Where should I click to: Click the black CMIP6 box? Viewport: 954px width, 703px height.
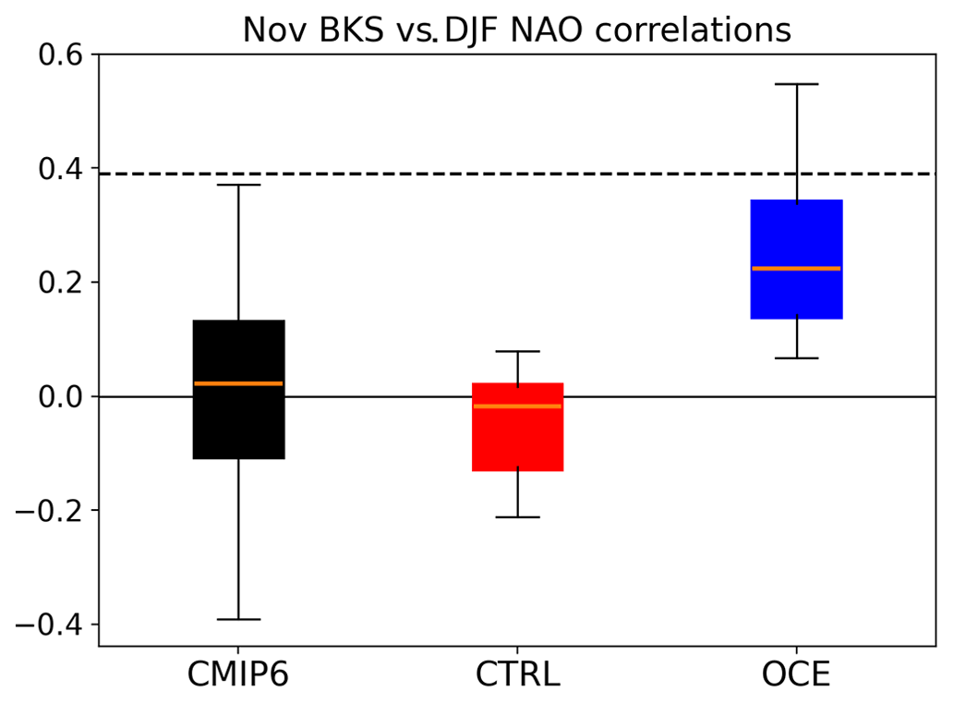click(x=238, y=425)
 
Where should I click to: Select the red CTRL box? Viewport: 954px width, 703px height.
click(x=517, y=443)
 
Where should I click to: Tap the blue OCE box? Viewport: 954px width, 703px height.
click(x=796, y=231)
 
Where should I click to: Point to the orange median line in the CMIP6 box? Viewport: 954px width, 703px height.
click(x=238, y=383)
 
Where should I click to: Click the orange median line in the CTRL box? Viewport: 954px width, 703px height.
click(x=517, y=406)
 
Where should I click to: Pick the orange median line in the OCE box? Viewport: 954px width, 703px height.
click(x=796, y=269)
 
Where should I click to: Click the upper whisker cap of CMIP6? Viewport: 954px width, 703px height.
click(x=238, y=185)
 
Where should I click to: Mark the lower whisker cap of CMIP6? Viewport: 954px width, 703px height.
click(x=238, y=619)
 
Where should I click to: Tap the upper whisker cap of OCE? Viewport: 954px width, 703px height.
click(x=796, y=84)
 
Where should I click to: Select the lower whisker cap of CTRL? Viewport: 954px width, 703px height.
click(x=517, y=517)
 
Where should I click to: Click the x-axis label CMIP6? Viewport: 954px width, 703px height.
click(x=238, y=675)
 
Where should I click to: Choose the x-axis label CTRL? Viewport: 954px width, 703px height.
click(x=517, y=675)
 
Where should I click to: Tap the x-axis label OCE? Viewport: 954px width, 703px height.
click(x=796, y=675)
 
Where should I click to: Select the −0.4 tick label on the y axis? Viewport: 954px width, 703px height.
click(x=50, y=625)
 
